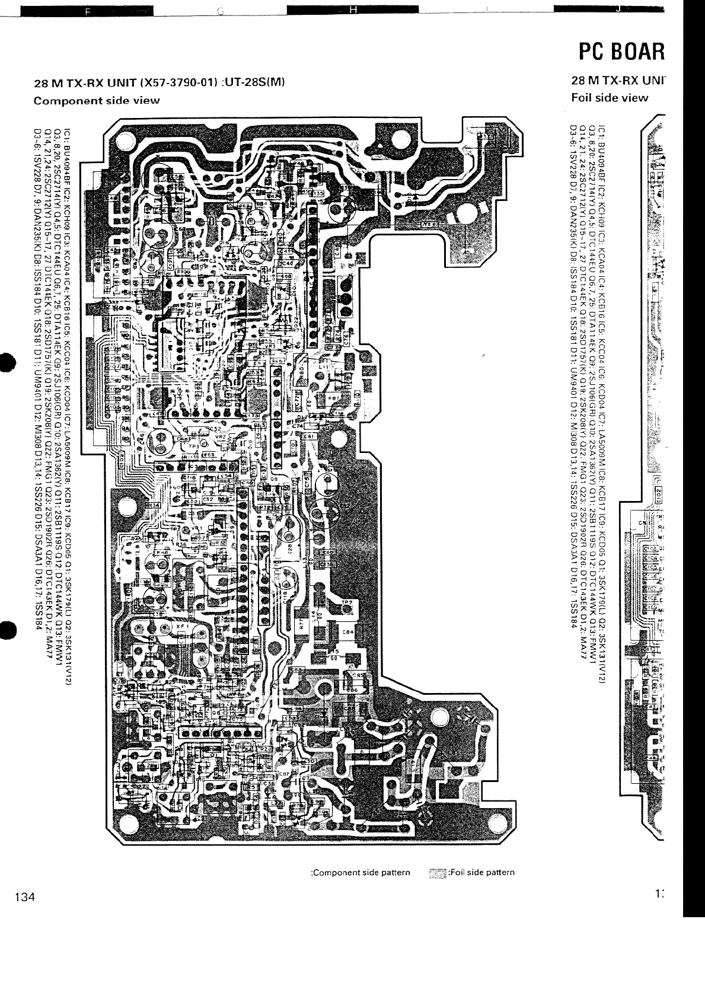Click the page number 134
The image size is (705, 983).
pyautogui.click(x=26, y=897)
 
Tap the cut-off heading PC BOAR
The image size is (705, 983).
pyautogui.click(x=621, y=53)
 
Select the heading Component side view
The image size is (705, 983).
pyautogui.click(x=97, y=100)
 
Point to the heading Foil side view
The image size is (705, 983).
pyautogui.click(x=610, y=98)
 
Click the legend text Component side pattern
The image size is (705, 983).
pyautogui.click(x=361, y=872)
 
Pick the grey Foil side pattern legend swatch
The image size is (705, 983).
pyautogui.click(x=437, y=872)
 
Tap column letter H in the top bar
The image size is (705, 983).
pyautogui.click(x=352, y=9)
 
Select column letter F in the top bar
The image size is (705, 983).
pyautogui.click(x=88, y=10)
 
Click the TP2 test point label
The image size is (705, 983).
pyautogui.click(x=347, y=602)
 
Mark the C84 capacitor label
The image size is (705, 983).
pyautogui.click(x=349, y=632)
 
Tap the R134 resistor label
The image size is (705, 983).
pyautogui.click(x=153, y=505)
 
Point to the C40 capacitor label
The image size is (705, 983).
pyautogui.click(x=286, y=263)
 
